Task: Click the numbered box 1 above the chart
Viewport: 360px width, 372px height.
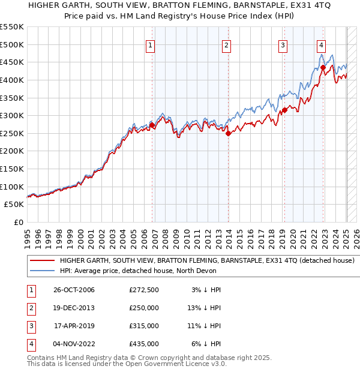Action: [149, 44]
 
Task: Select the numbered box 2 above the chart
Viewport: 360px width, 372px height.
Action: [226, 44]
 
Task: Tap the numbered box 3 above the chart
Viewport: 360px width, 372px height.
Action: [283, 44]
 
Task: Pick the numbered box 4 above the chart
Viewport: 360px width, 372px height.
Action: [322, 44]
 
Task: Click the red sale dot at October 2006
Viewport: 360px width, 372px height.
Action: [152, 125]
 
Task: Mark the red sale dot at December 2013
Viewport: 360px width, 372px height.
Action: [228, 133]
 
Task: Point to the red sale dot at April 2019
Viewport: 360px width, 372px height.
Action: [285, 110]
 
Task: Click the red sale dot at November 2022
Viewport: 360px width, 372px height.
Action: [323, 67]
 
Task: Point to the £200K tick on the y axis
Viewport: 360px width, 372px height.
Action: [13, 151]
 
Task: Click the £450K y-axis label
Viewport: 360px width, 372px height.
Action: [13, 62]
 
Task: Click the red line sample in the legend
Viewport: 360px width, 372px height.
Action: [41, 260]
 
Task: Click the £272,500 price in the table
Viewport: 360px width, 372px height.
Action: [144, 290]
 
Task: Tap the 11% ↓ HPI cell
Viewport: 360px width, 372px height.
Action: [207, 326]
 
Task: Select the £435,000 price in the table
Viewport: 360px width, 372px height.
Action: [144, 344]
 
